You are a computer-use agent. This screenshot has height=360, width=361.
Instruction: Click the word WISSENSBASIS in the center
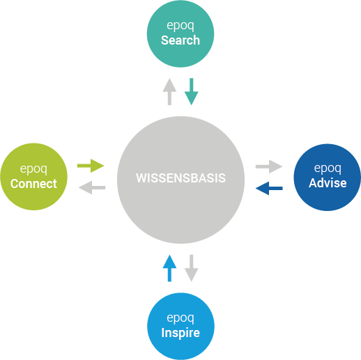point(180,178)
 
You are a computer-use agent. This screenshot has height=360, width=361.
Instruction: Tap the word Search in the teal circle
point(180,40)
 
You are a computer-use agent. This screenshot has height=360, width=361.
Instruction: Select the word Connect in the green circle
point(33,184)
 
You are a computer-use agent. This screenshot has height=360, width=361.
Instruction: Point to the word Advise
point(328,183)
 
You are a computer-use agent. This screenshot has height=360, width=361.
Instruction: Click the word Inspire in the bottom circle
point(180,333)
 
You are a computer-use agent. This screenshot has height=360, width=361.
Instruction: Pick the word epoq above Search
point(180,26)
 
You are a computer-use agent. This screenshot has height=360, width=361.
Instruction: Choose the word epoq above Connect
point(33,169)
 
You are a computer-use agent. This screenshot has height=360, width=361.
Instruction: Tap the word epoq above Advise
point(328,169)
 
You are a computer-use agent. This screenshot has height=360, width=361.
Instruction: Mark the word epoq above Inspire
point(180,318)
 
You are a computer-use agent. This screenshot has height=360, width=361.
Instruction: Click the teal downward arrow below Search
point(192,91)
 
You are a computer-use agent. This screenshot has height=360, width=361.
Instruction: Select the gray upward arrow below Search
point(169,91)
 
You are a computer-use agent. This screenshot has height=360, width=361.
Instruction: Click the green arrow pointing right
point(91,166)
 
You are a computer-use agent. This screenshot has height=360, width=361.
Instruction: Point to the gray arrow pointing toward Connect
point(92,187)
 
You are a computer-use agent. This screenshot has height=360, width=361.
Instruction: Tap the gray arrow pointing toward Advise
point(269,166)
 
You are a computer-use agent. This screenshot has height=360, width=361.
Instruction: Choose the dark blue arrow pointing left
point(269,188)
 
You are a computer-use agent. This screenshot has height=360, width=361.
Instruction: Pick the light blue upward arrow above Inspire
point(169,268)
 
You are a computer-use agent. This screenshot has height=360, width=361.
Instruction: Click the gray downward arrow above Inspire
point(192,268)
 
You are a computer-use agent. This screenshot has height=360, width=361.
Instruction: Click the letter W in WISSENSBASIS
point(141,178)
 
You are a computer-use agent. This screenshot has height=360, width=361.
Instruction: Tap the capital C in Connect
point(15,184)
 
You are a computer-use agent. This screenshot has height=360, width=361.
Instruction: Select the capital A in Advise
point(313,183)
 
